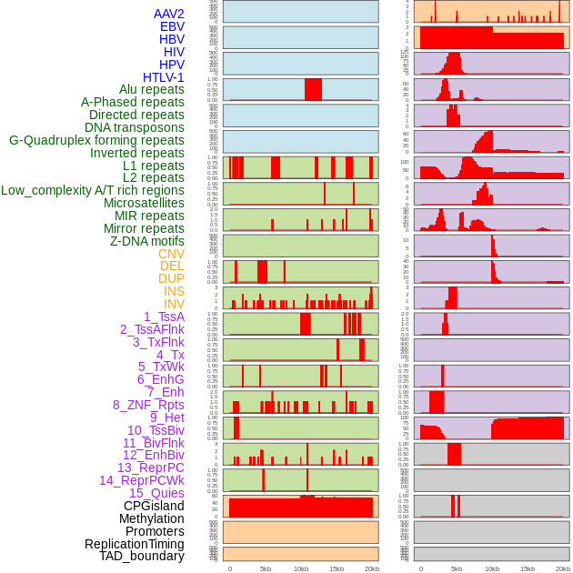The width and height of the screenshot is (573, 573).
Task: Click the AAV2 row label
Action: (168, 14)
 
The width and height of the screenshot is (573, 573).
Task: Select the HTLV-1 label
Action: (163, 77)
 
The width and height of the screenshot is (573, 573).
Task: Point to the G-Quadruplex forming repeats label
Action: (96, 141)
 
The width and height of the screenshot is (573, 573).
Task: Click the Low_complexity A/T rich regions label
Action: (93, 191)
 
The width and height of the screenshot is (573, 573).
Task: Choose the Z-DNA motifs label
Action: (146, 242)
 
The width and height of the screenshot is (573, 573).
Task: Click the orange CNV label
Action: (171, 255)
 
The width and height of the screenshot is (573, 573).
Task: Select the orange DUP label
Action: (171, 279)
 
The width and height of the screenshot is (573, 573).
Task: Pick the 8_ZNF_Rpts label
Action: (148, 405)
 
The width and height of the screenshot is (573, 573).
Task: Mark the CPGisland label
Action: (154, 506)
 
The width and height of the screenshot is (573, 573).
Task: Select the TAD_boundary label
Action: (142, 556)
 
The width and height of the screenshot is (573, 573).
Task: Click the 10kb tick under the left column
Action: (301, 568)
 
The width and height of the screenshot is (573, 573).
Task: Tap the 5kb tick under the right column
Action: (457, 568)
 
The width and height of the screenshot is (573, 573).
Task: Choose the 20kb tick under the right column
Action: (563, 568)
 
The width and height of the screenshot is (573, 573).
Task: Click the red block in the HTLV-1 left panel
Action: (313, 89)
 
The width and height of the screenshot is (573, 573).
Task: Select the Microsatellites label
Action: (144, 204)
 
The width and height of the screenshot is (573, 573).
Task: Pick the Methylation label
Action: (145, 518)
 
